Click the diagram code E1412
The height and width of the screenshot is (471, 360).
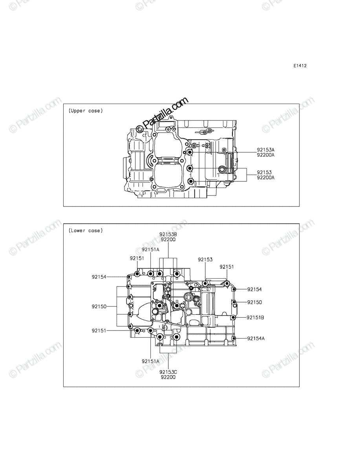[x=300, y=66]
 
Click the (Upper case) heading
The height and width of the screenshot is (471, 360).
[x=86, y=111]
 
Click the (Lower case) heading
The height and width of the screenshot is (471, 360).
[x=86, y=230]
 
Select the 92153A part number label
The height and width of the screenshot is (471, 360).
[x=266, y=150]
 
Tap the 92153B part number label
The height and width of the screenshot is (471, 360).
[x=168, y=234]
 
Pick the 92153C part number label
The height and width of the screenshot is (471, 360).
[x=168, y=372]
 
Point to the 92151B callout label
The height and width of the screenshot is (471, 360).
[x=255, y=318]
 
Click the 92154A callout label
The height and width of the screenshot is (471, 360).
[x=256, y=338]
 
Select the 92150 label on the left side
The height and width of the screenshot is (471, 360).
[x=99, y=307]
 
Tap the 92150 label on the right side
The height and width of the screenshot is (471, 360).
[x=254, y=302]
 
